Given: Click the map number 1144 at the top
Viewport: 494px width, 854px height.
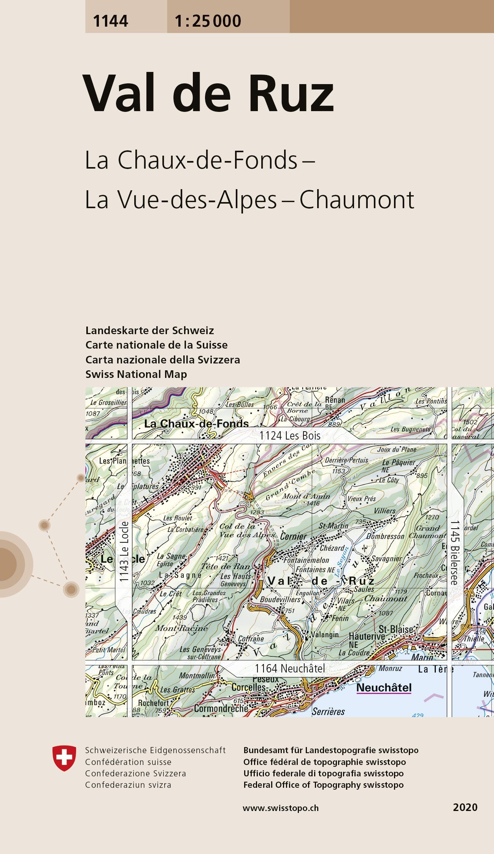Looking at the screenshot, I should click(x=110, y=21).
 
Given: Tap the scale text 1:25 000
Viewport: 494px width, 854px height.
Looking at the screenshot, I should click(x=208, y=21).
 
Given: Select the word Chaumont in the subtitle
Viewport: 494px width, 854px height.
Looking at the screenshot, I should click(x=356, y=199).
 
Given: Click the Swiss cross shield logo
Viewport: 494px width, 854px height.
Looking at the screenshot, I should click(x=64, y=758).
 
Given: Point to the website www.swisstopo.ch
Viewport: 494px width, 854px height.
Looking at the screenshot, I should click(x=281, y=808).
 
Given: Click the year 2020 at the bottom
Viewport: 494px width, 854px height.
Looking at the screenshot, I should click(x=465, y=807).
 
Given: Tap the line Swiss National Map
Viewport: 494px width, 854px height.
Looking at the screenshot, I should click(x=136, y=374).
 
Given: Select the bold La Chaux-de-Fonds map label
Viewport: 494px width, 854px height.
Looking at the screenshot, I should click(x=196, y=424).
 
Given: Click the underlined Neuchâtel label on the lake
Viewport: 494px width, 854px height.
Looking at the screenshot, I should click(x=384, y=688).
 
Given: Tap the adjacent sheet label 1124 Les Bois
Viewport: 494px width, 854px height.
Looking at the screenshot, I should click(x=290, y=435).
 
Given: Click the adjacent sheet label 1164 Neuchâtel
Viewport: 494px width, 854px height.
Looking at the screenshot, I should click(x=290, y=668).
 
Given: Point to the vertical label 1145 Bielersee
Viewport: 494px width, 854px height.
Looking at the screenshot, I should click(x=455, y=552).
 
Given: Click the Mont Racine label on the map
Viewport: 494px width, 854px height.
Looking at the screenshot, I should click(x=181, y=628).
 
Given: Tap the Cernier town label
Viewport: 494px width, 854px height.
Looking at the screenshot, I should click(x=293, y=536).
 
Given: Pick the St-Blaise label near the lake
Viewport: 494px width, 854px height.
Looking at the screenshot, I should click(x=396, y=629).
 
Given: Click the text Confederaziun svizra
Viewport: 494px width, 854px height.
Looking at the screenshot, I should click(x=128, y=785).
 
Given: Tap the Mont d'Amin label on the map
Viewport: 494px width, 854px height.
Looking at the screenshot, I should click(x=306, y=496).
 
